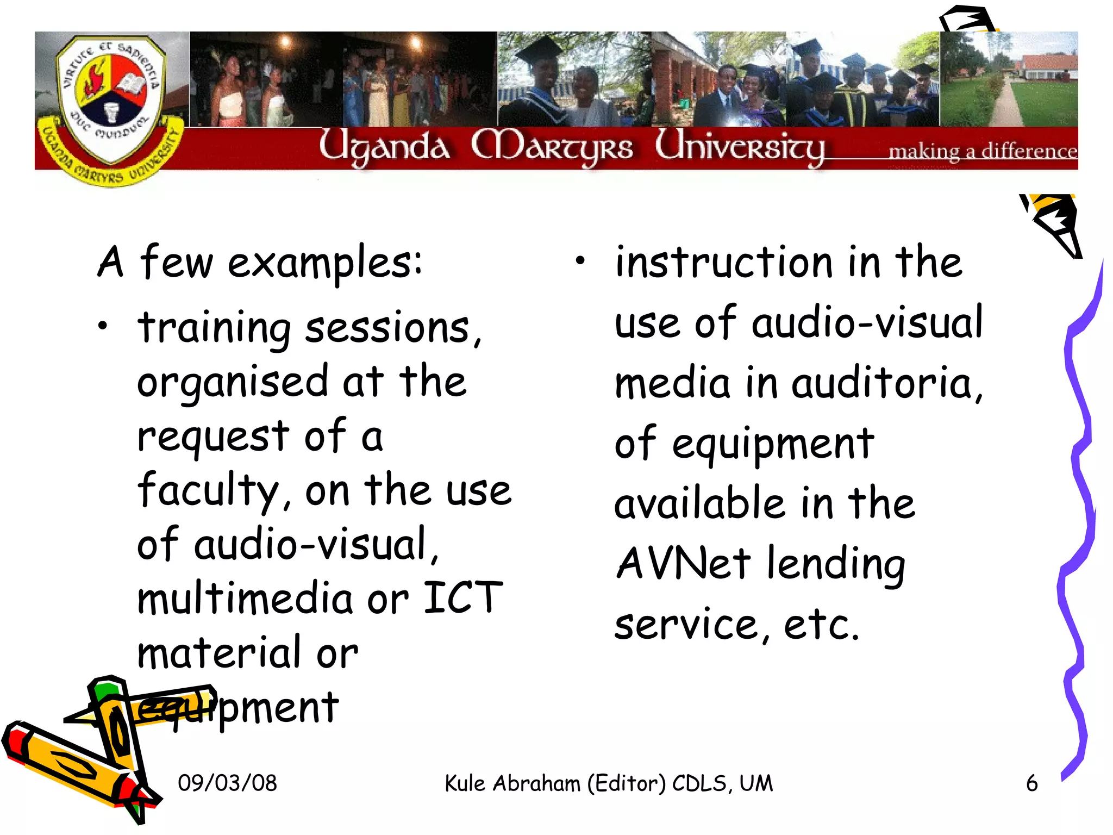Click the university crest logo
point(111,103)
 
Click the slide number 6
point(1031,783)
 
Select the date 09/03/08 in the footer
point(227,783)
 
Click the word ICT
point(462,598)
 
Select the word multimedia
point(245,598)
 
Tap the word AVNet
point(683,563)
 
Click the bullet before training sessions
point(103,326)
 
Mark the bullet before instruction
point(580,261)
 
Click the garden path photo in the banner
point(1009,79)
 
